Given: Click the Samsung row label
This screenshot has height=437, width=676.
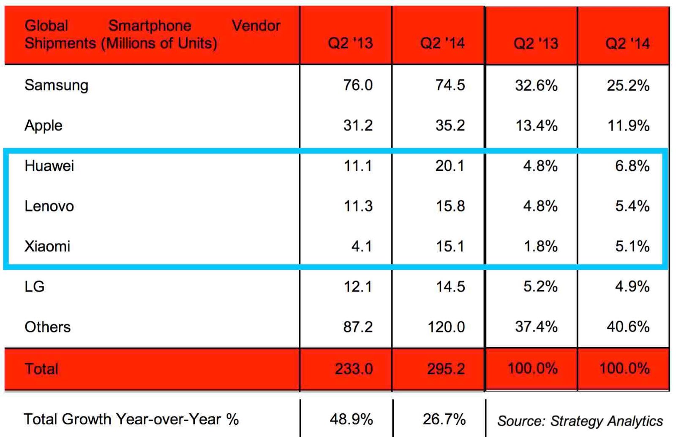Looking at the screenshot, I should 56,85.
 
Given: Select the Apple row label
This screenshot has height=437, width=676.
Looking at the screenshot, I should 44,125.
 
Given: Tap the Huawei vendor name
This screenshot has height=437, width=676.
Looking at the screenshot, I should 49,166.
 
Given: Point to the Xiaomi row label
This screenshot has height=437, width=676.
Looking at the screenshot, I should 47,246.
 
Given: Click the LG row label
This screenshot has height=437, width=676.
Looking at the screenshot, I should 34,286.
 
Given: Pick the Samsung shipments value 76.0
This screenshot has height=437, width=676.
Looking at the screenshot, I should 358,85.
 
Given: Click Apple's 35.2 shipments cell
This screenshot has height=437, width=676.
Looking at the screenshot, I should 450,125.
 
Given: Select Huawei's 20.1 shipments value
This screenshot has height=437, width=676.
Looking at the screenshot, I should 450,166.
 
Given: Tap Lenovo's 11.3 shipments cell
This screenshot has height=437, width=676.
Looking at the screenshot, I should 358,206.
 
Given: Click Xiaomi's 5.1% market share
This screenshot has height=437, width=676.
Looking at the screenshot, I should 632,246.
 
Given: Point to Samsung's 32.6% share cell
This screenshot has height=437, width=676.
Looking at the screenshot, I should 536,86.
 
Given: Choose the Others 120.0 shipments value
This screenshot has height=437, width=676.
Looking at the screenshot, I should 446,327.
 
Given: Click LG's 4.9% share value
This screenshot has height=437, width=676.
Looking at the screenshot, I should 632,286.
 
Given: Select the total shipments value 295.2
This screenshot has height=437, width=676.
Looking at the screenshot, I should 446,369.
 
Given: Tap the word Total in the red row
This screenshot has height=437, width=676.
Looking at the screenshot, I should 41,369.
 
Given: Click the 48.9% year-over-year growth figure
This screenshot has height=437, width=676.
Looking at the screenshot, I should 351,419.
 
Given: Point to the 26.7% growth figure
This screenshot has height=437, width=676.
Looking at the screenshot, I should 444,419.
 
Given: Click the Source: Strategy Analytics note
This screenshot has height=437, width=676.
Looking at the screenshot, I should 580,421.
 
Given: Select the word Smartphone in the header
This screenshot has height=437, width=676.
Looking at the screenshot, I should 150,26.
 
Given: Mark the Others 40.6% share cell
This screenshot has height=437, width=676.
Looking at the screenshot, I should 628,327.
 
